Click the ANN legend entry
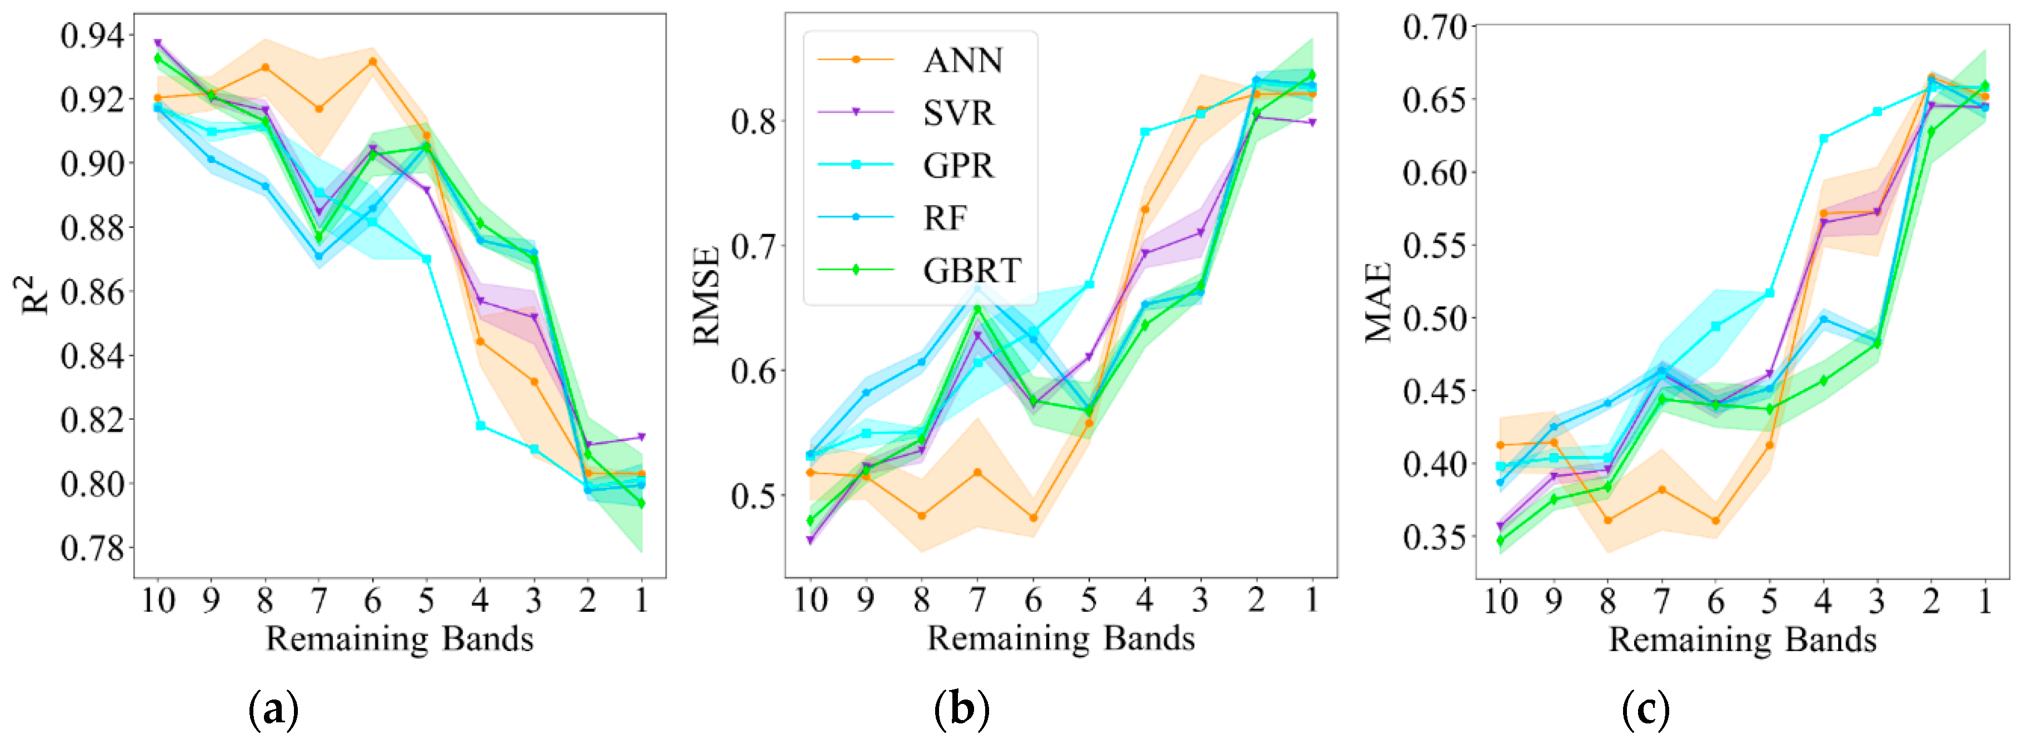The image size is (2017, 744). [x=962, y=60]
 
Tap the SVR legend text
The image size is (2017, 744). [x=958, y=113]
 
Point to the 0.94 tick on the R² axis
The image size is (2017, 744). [x=92, y=36]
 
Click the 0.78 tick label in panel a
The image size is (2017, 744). [x=92, y=548]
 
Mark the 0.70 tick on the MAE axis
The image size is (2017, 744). [x=1435, y=27]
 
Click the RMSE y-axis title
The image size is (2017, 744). [x=706, y=296]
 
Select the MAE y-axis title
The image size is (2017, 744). [x=1379, y=302]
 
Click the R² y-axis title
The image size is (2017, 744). [x=34, y=295]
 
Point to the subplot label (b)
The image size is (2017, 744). [x=961, y=710]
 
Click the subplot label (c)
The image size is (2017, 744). [x=1646, y=710]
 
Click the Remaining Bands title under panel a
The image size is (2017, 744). [x=400, y=639]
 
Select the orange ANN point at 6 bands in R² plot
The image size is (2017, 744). [x=373, y=61]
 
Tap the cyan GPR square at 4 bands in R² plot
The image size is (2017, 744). [x=481, y=426]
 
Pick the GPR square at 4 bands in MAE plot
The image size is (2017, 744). [x=1824, y=138]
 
